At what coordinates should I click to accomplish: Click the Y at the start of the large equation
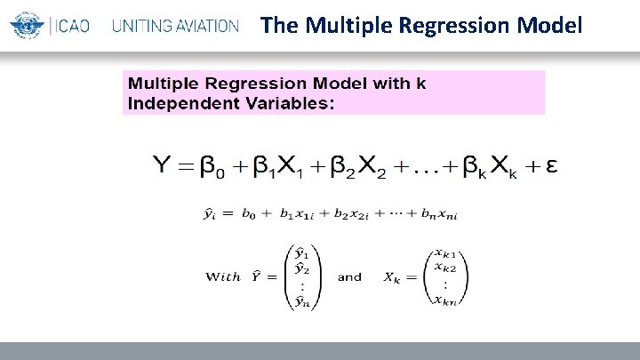tap(164, 165)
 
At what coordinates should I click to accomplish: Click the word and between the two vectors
tap(349, 276)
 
